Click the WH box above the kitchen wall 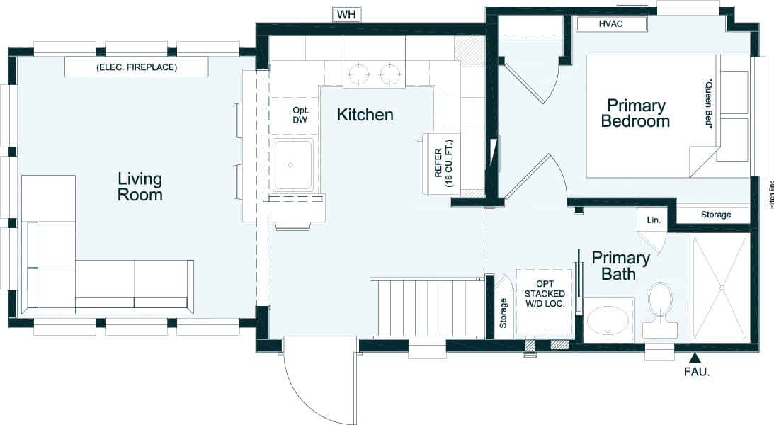[x=346, y=15]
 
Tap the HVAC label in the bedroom [x=610, y=23]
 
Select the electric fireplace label [x=137, y=67]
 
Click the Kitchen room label [x=365, y=115]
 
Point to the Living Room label [x=140, y=186]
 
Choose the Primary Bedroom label [x=636, y=113]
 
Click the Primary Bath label [x=621, y=266]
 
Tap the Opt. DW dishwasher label [x=300, y=115]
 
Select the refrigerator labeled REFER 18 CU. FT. [x=441, y=163]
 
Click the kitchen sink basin [x=292, y=164]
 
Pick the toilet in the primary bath [x=659, y=310]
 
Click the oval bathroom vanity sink [x=607, y=322]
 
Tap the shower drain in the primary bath [x=722, y=288]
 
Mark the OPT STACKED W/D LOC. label [x=545, y=294]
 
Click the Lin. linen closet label [x=654, y=220]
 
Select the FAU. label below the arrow [x=697, y=372]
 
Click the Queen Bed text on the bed [x=709, y=103]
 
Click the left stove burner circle [x=359, y=74]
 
